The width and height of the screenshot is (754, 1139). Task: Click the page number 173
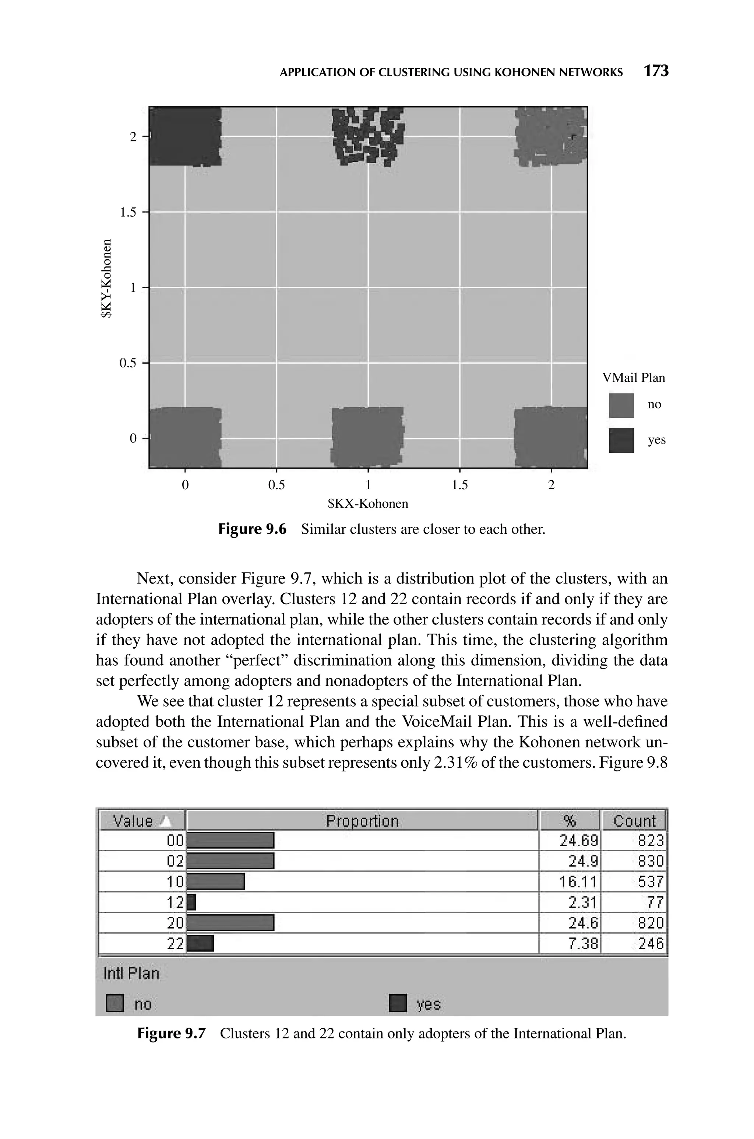(656, 71)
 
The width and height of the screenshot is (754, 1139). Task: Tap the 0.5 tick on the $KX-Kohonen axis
(276, 485)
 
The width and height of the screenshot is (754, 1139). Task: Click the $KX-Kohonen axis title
(368, 504)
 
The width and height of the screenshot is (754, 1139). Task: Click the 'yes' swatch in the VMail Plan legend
(621, 440)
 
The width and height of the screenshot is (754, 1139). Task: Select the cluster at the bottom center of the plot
(367, 437)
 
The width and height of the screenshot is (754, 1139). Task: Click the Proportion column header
(362, 821)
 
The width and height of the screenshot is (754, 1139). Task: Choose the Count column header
(634, 821)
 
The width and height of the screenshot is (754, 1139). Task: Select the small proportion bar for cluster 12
(191, 902)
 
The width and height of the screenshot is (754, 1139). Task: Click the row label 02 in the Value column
(175, 861)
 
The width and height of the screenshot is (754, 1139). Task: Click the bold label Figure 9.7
(171, 1033)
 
